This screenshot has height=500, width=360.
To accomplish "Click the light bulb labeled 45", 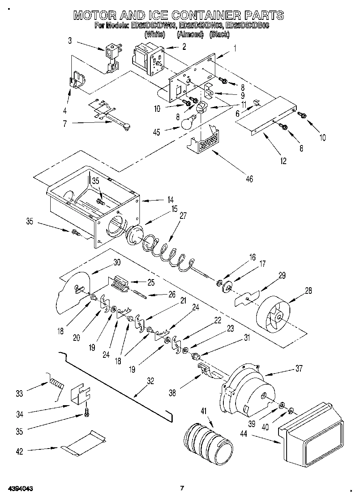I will [x=187, y=123].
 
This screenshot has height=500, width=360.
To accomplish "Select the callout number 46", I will [x=249, y=178].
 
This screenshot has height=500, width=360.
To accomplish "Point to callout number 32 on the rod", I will [x=150, y=381].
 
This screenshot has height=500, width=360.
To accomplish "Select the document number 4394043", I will [x=19, y=488].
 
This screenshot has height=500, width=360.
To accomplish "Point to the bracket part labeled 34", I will [x=80, y=394].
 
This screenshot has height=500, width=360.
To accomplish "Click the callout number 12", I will [x=283, y=161].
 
